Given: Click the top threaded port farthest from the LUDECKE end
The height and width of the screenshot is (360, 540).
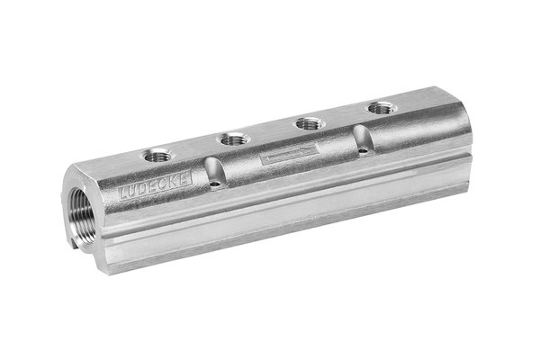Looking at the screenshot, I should [x=381, y=108].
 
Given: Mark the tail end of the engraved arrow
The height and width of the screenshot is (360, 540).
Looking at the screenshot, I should [x=263, y=161].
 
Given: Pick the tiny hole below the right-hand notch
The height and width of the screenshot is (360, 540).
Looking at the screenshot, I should [x=363, y=151].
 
